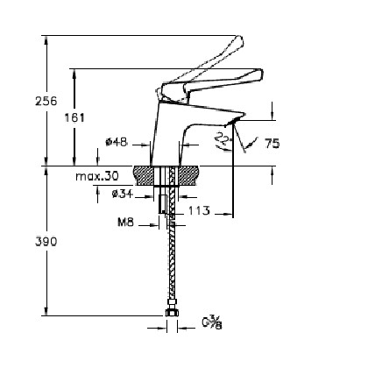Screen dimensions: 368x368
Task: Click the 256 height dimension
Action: (x=46, y=101)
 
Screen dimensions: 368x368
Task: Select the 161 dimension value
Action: (x=74, y=117)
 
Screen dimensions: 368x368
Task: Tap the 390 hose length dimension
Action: (x=46, y=242)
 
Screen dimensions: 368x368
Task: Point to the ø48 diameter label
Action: (x=117, y=142)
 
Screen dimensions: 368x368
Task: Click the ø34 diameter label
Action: (x=123, y=194)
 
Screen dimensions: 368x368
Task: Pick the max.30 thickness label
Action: (x=97, y=176)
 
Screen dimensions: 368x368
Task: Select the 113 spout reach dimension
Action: (x=199, y=210)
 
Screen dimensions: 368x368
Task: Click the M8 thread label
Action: (x=125, y=223)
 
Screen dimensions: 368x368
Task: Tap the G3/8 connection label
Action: (x=212, y=322)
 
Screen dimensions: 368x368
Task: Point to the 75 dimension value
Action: (x=272, y=144)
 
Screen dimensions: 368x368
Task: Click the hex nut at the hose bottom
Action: (x=172, y=312)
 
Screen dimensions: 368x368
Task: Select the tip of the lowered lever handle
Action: (x=261, y=72)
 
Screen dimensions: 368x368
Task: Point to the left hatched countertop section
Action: (x=143, y=175)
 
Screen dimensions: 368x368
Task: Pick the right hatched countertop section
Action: (x=189, y=175)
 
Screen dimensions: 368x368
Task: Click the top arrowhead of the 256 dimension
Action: (x=46, y=40)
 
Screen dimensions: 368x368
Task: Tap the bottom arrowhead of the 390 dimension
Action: (x=46, y=311)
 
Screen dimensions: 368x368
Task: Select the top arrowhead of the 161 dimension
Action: (x=74, y=74)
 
